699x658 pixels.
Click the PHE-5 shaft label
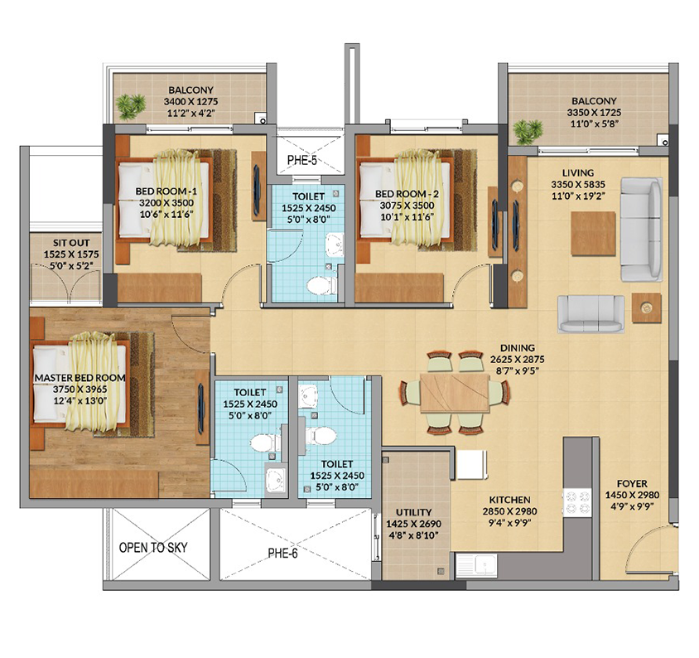301,160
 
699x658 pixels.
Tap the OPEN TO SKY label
153,548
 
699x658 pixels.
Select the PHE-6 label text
282,553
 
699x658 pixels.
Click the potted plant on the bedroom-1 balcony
130,107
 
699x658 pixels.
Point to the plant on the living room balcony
528,132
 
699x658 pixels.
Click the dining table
455,394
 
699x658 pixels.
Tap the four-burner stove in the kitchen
577,503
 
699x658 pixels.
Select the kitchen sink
476,566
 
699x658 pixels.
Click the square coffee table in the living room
593,234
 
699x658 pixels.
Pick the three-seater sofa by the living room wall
641,230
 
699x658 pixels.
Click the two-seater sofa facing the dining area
591,313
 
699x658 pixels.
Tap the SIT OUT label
71,243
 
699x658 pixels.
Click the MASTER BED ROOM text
80,378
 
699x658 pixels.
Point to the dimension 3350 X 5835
578,184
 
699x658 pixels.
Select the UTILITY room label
414,512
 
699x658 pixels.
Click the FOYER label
632,484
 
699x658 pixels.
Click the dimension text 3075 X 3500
407,206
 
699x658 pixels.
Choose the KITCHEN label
509,500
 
